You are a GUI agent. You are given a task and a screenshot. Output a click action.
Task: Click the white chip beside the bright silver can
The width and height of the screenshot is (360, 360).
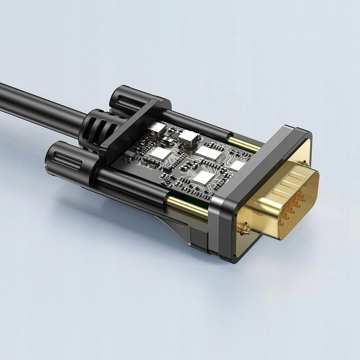(209, 152)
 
